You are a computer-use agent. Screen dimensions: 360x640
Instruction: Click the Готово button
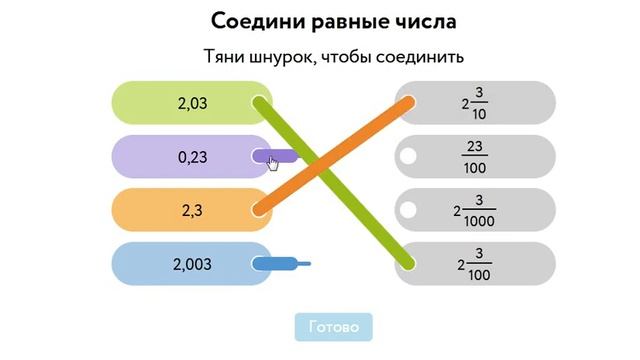[333, 327]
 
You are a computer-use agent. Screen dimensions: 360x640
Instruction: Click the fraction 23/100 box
[475, 156]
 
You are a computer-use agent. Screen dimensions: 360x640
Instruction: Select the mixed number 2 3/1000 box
[475, 210]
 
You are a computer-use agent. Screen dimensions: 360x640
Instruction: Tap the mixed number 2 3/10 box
[475, 102]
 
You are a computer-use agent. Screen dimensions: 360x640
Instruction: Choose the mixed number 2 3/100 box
[475, 264]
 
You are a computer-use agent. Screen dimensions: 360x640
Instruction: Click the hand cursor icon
[273, 162]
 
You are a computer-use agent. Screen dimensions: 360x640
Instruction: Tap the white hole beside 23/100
[408, 156]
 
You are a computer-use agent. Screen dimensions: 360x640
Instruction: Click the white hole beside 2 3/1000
[408, 210]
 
